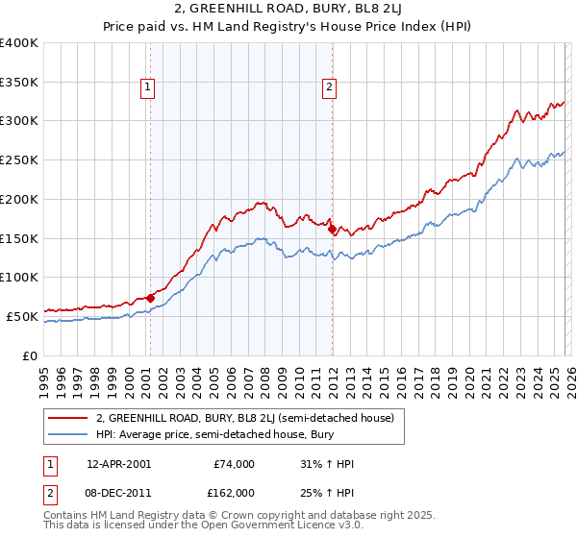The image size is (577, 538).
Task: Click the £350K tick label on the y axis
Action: click(x=19, y=82)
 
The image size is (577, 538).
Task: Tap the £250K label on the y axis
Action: click(x=19, y=159)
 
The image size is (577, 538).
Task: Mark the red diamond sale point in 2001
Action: click(x=150, y=298)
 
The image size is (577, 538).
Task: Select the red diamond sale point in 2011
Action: click(x=332, y=230)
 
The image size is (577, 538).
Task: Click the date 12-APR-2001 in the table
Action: click(x=118, y=463)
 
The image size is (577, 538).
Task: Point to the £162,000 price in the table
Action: click(x=235, y=492)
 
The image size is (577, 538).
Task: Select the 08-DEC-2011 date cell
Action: click(x=118, y=492)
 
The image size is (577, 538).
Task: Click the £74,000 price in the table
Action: click(x=235, y=463)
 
